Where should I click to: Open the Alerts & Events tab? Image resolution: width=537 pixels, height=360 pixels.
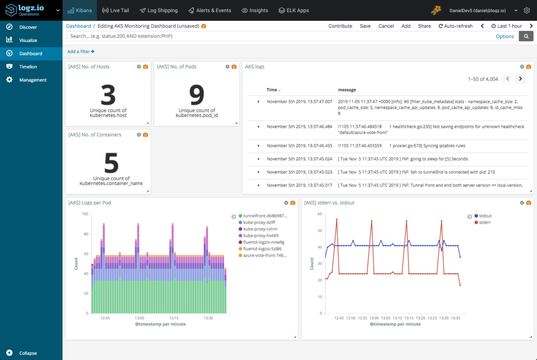(x=209, y=10)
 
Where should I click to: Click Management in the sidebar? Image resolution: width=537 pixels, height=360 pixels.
(x=33, y=80)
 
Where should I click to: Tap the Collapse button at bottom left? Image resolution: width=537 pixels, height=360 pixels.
(x=28, y=353)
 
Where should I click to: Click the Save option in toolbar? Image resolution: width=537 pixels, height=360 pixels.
(x=365, y=26)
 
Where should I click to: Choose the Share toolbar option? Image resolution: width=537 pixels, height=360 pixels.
(x=424, y=26)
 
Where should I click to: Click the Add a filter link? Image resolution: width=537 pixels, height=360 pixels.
(x=81, y=51)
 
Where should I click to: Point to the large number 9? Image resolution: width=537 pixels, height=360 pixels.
(x=196, y=95)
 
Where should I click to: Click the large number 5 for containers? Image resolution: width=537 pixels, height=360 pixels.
(x=111, y=163)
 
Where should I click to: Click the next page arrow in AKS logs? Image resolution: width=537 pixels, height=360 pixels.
(x=520, y=79)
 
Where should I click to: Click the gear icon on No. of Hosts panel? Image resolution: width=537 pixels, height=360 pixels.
(x=138, y=67)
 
